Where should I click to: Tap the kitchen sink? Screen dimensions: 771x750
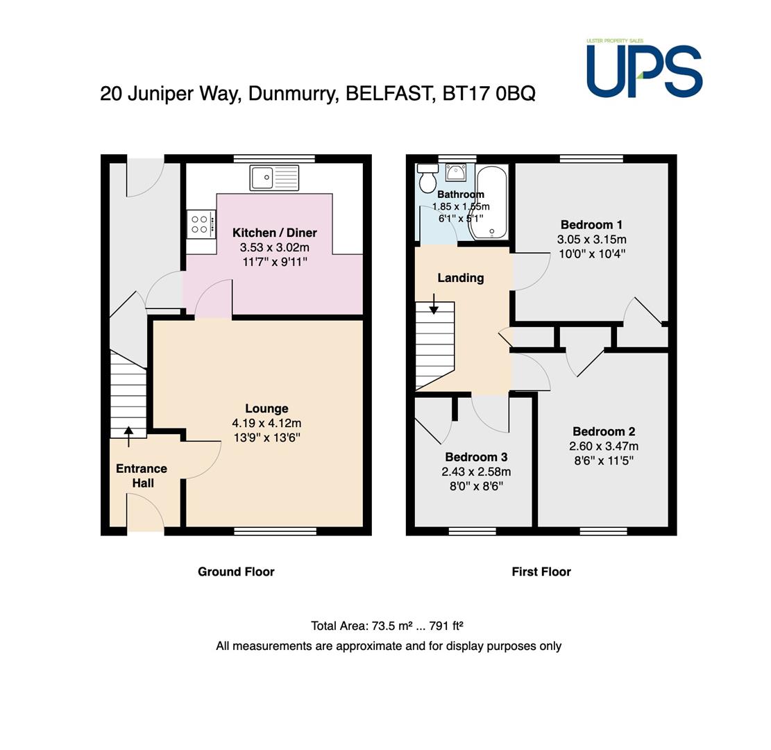pyautogui.click(x=274, y=178)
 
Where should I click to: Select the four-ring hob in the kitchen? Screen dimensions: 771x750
pyautogui.click(x=201, y=224)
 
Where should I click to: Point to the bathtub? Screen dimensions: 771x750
pyautogui.click(x=487, y=203)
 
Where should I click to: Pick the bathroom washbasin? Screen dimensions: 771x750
pyautogui.click(x=456, y=173)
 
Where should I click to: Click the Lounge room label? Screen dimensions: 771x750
pyautogui.click(x=266, y=408)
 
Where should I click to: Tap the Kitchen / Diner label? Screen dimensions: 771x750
pyautogui.click(x=274, y=233)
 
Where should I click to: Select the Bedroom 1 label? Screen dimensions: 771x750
pyautogui.click(x=591, y=225)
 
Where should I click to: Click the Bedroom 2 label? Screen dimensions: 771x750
pyautogui.click(x=604, y=431)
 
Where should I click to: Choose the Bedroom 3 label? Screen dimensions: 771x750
pyautogui.click(x=476, y=457)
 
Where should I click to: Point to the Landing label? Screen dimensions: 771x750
pyautogui.click(x=461, y=278)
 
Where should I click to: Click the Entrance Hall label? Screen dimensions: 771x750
pyautogui.click(x=142, y=476)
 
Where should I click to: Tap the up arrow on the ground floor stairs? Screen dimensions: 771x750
pyautogui.click(x=128, y=437)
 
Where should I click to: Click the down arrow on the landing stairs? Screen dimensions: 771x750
pyautogui.click(x=434, y=303)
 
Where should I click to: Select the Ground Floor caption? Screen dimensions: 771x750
pyautogui.click(x=236, y=572)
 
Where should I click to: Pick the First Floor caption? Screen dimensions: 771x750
pyautogui.click(x=541, y=572)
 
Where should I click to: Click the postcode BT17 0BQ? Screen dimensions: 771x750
pyautogui.click(x=489, y=94)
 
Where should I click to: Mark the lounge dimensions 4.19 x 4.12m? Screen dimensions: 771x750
pyautogui.click(x=266, y=423)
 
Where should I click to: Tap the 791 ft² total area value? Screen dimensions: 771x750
pyautogui.click(x=446, y=626)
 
